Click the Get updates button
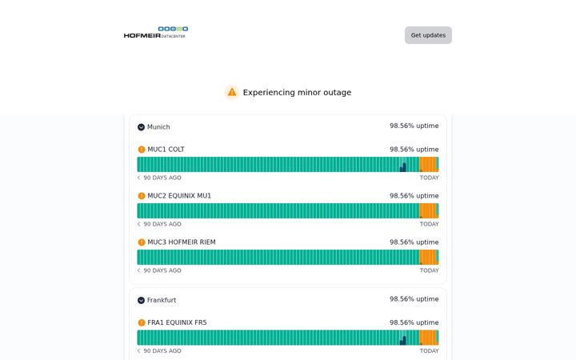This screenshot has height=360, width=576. (428, 35)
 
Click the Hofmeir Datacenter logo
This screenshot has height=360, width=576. (156, 32)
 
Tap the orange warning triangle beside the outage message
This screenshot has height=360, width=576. (232, 92)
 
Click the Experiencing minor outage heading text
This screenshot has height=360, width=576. (297, 93)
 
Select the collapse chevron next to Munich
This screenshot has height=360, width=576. (141, 127)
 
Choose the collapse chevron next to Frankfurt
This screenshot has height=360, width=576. (141, 300)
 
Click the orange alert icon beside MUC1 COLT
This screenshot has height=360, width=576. (142, 150)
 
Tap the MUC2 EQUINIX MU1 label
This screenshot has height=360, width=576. (179, 196)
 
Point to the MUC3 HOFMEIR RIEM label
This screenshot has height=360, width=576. (182, 242)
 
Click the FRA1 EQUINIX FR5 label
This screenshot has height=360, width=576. (177, 322)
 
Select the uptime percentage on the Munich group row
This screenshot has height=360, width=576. (414, 126)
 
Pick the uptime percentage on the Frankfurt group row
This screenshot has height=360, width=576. (414, 299)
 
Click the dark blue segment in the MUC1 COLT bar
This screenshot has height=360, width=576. (403, 168)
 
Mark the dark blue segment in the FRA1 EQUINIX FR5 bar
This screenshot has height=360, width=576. (403, 341)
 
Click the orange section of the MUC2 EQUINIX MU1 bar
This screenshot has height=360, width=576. (427, 211)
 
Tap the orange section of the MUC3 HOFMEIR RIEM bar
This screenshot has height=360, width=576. (427, 257)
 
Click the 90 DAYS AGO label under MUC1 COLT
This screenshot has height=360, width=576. (162, 178)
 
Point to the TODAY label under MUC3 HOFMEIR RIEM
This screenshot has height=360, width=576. (430, 270)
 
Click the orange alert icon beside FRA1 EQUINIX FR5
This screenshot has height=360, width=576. (142, 322)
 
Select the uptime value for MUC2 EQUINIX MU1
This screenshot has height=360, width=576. (414, 196)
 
